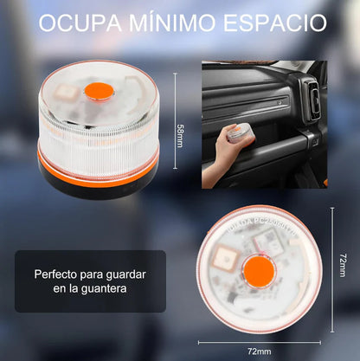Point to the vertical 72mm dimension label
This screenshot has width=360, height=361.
pyautogui.click(x=344, y=265)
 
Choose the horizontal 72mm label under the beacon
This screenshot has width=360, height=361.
pyautogui.click(x=258, y=350)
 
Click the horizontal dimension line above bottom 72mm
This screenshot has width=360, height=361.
pyautogui.click(x=258, y=338)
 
